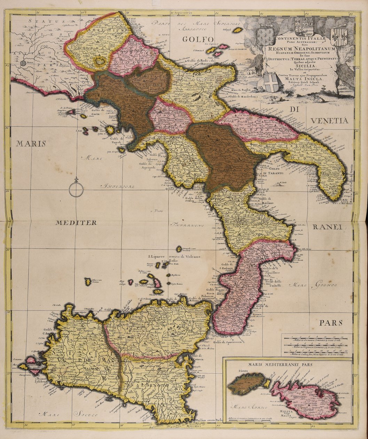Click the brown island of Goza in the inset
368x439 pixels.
point(246,383)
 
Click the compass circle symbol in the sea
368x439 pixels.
point(76,190)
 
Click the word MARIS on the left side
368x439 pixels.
point(30,144)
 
